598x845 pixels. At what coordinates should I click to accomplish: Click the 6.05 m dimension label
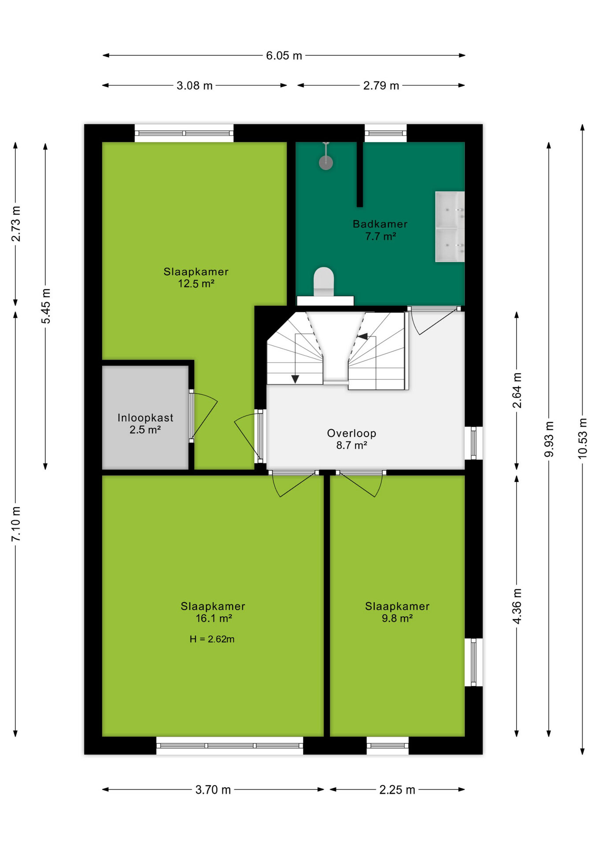tap(284, 55)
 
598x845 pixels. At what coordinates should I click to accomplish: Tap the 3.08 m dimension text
tap(195, 85)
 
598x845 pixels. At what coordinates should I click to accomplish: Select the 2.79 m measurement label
tap(381, 85)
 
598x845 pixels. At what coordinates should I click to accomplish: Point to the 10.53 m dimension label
tap(582, 438)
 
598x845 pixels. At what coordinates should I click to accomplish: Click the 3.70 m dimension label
tap(213, 790)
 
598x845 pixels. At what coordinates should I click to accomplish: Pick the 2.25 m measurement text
tap(397, 790)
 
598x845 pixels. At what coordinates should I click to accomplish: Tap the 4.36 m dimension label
tap(517, 606)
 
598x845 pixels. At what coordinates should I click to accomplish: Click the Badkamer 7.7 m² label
tap(380, 230)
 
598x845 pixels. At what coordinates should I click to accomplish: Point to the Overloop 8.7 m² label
tap(351, 439)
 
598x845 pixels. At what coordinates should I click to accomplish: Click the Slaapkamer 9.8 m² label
tap(397, 612)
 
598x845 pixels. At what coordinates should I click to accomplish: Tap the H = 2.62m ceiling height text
tap(212, 639)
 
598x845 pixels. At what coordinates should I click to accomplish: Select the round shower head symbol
tap(326, 163)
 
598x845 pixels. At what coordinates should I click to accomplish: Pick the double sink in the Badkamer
tap(450, 227)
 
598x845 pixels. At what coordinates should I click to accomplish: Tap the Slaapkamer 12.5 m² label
tap(196, 278)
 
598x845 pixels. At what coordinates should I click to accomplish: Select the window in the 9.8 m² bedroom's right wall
tap(474, 662)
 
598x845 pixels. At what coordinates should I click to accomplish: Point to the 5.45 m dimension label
tap(45, 306)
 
